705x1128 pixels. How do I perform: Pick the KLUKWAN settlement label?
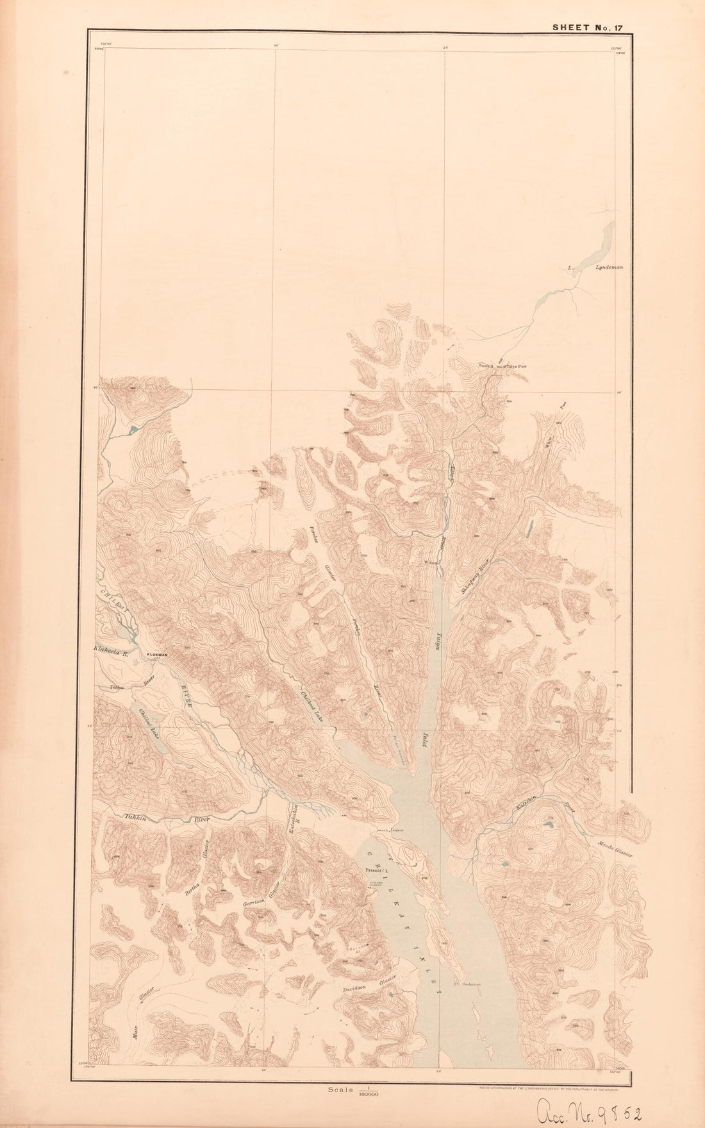tap(157, 655)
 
